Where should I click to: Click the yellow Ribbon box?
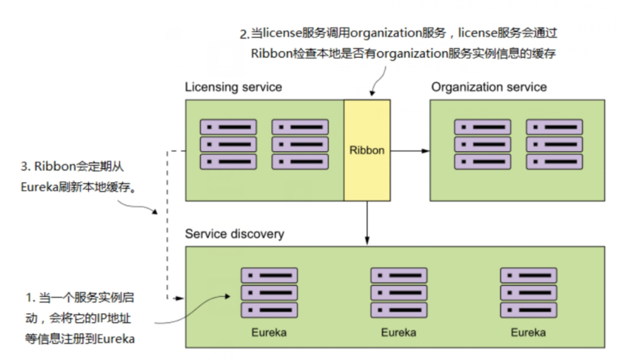click(367, 150)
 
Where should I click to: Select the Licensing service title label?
click(233, 87)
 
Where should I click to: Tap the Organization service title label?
click(489, 87)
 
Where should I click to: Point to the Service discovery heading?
click(234, 234)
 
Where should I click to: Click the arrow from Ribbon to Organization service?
click(409, 150)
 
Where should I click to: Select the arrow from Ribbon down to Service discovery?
click(367, 222)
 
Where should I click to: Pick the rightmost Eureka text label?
click(528, 333)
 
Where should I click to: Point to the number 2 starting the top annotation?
click(242, 34)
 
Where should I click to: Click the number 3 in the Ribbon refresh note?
click(26, 169)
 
